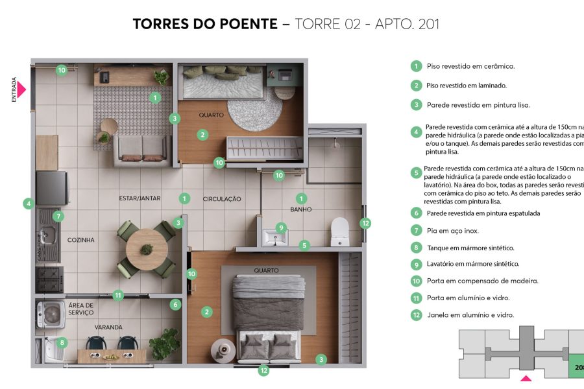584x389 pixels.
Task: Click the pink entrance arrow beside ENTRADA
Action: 21,89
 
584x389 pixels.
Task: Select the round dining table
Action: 147,248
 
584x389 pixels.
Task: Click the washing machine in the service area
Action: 50,314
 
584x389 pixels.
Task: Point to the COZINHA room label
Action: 81,240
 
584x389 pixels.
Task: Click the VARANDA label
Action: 108,327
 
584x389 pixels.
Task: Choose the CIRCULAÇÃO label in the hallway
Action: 222,199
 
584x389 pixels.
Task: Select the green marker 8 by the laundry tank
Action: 62,342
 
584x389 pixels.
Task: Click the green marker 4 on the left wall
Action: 28,204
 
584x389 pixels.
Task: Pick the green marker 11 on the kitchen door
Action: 117,296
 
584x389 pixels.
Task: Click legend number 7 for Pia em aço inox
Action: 416,230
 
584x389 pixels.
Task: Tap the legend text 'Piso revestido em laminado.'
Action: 467,86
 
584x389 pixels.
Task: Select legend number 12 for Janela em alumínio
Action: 416,315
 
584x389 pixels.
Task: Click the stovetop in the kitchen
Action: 49,279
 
